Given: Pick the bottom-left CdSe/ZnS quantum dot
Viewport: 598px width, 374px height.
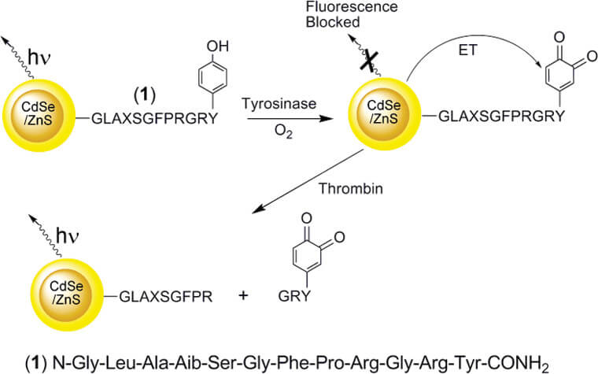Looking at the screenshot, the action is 70,295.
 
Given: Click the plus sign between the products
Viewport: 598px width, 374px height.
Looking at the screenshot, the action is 243,297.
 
